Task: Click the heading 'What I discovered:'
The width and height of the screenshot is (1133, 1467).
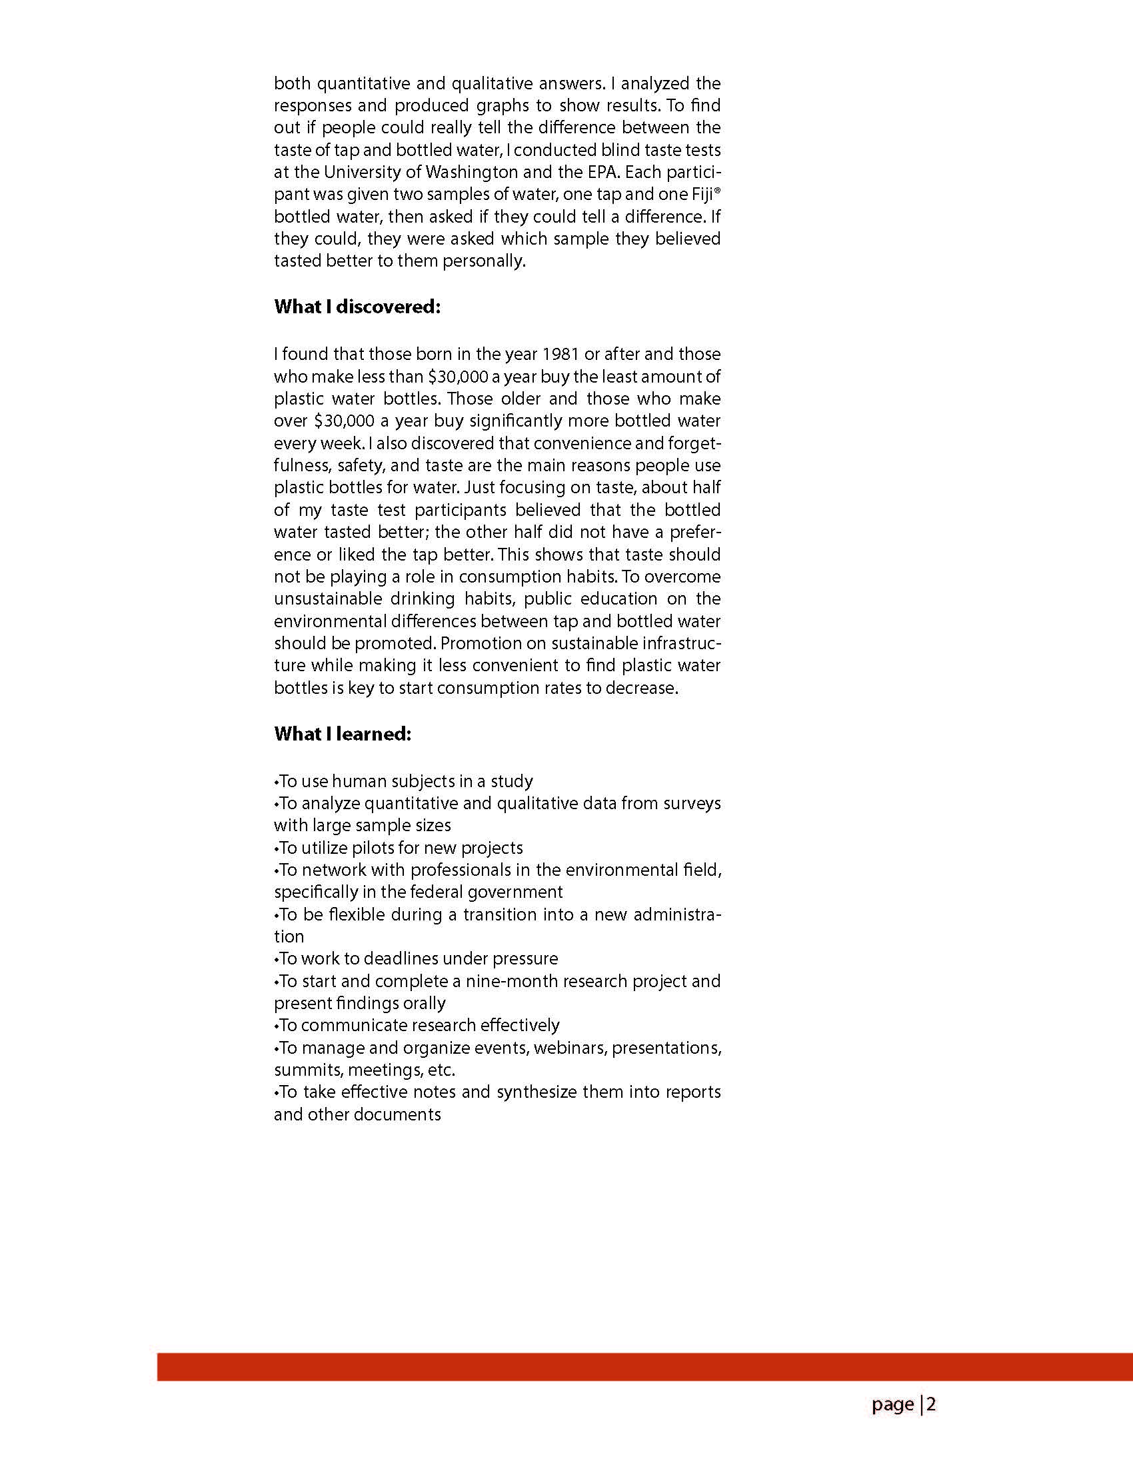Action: [357, 307]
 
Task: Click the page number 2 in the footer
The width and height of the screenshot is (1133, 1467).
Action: [931, 1404]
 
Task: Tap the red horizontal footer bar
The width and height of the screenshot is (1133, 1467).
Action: [644, 1367]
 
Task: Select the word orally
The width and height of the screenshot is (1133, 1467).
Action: [424, 1004]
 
